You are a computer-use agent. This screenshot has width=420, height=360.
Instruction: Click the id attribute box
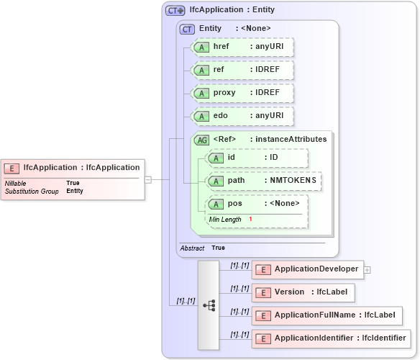pyautogui.click(x=257, y=158)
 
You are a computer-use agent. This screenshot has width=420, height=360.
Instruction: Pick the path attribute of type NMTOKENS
pyautogui.click(x=264, y=181)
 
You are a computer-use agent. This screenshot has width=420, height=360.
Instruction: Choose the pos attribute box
pyautogui.click(x=257, y=204)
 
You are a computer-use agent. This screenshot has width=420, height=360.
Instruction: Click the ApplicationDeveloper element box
pyautogui.click(x=308, y=269)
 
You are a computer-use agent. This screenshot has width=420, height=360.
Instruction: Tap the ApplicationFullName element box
pyautogui.click(x=327, y=315)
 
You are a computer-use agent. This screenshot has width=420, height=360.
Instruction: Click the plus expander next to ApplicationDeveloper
pyautogui.click(x=367, y=269)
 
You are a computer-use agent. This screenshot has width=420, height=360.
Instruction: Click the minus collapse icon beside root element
pyautogui.click(x=147, y=179)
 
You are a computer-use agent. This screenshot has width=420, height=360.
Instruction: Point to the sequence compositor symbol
pyautogui.click(x=209, y=305)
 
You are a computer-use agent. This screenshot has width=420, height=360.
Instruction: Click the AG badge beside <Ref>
pyautogui.click(x=202, y=140)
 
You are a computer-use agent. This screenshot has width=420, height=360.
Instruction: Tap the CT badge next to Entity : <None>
pyautogui.click(x=187, y=28)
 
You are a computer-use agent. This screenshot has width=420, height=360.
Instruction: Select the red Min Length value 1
pyautogui.click(x=250, y=219)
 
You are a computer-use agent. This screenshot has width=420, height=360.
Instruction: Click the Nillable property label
pyautogui.click(x=16, y=184)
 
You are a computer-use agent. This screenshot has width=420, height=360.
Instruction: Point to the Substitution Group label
pyautogui.click(x=32, y=192)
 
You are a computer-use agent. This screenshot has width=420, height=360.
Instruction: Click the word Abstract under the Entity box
pyautogui.click(x=193, y=248)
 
